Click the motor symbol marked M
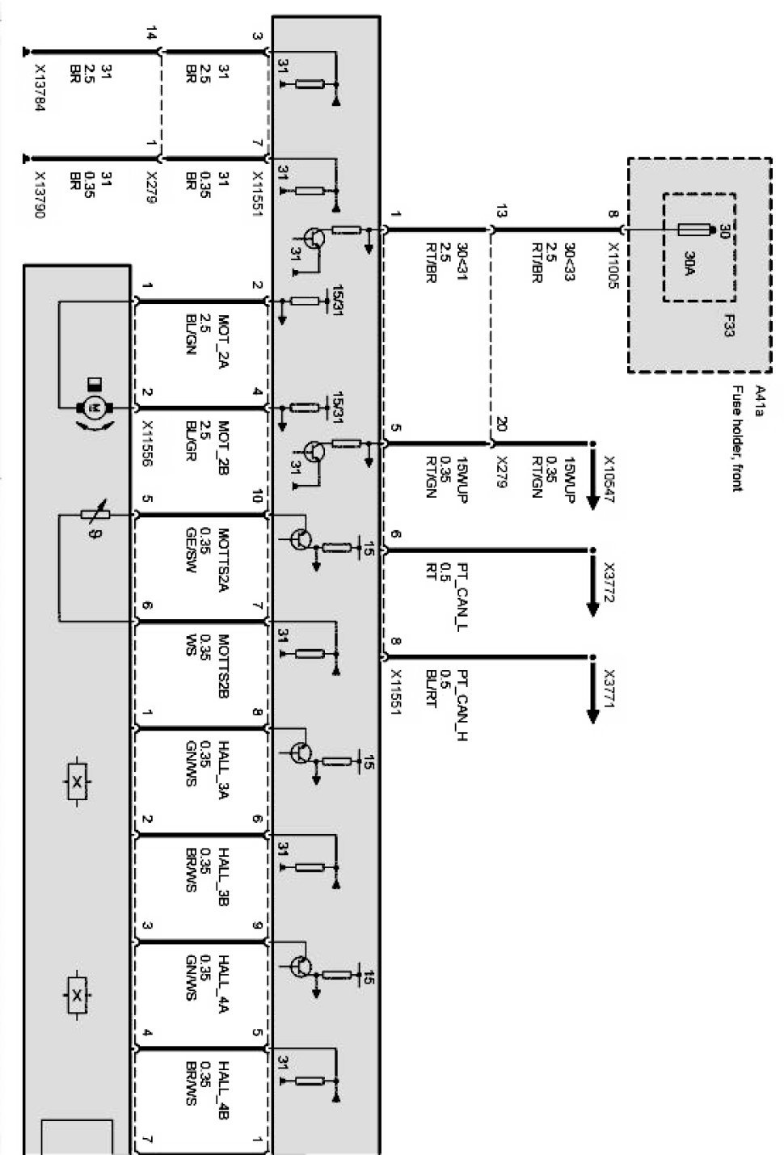click(x=92, y=408)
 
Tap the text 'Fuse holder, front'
click(x=737, y=437)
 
